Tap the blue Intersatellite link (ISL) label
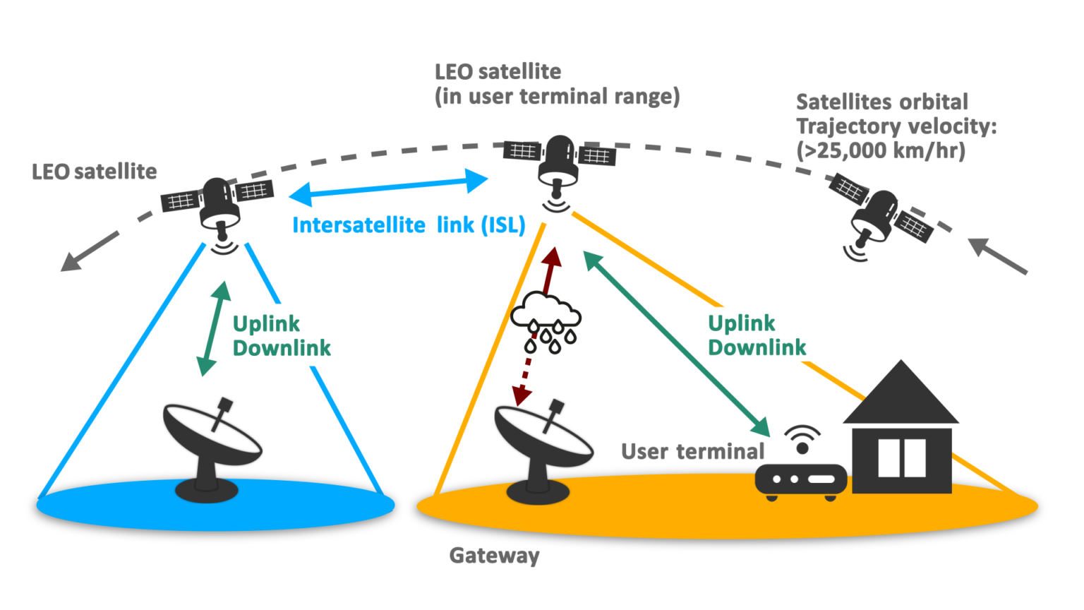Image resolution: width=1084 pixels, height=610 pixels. tap(409, 225)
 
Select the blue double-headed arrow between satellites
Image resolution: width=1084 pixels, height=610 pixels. tap(388, 186)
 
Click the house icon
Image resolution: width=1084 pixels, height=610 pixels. tap(901, 431)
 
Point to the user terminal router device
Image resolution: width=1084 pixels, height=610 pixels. tap(801, 480)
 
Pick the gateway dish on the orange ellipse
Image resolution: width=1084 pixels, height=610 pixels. tap(542, 452)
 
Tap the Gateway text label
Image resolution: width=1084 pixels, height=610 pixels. tap(494, 556)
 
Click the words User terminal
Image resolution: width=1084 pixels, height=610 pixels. tap(692, 452)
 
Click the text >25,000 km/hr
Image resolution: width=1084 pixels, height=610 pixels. tap(880, 150)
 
